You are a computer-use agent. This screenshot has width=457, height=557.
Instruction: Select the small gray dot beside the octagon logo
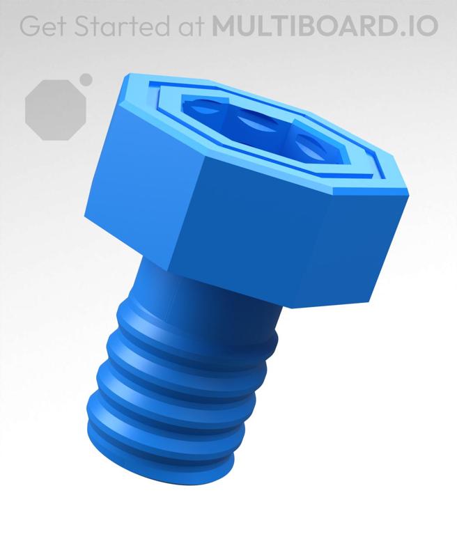86,79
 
